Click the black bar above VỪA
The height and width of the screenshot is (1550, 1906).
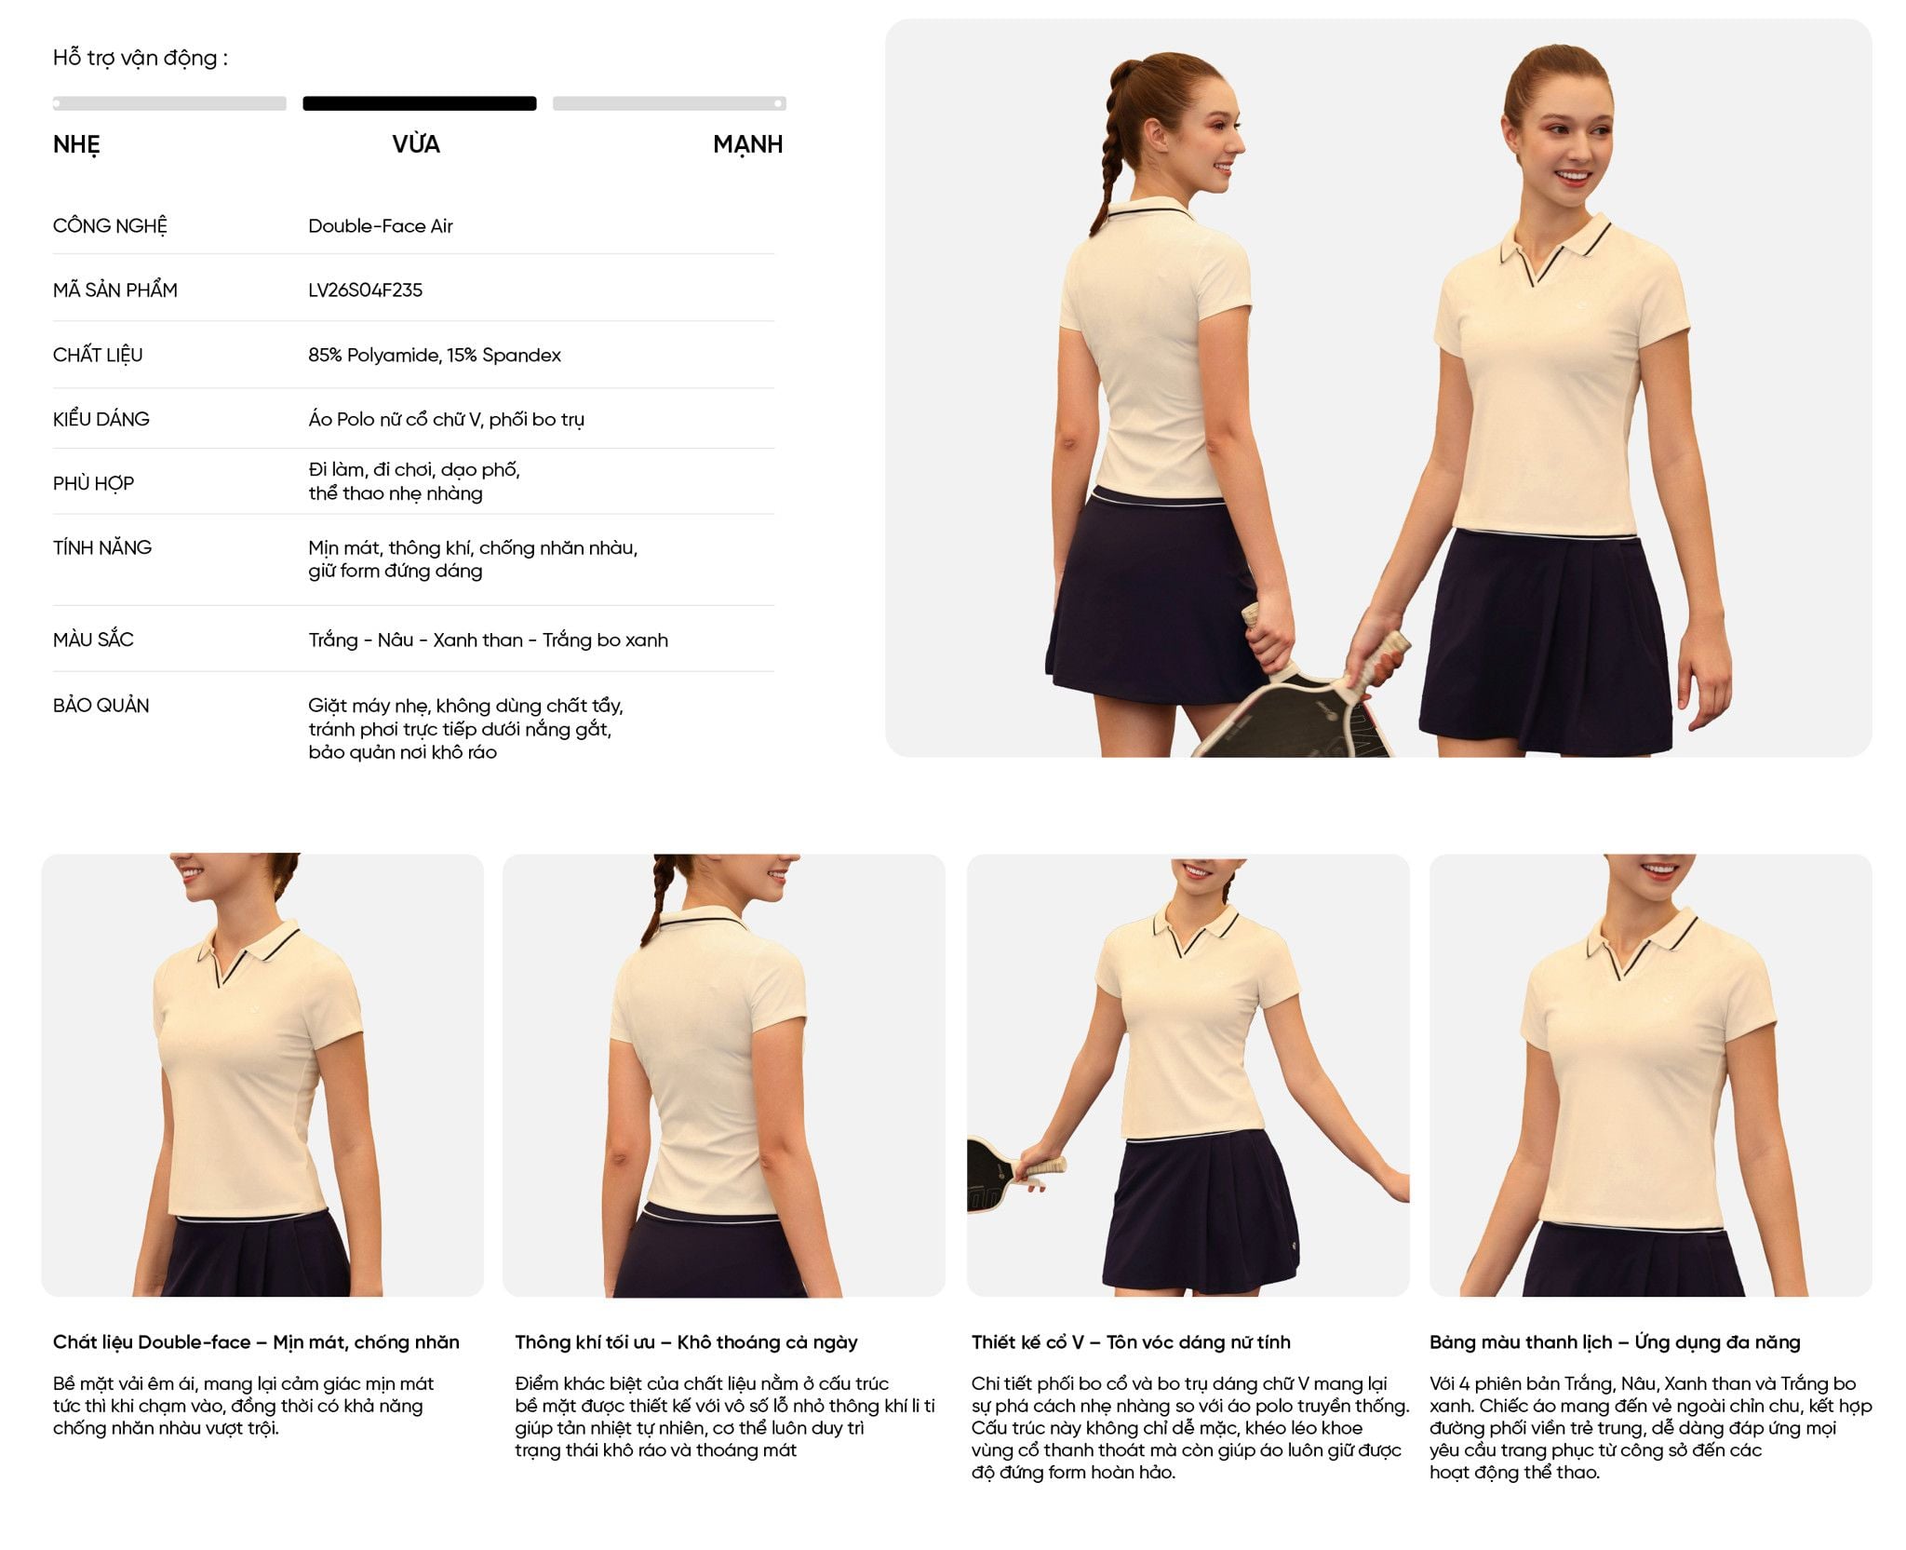coord(420,103)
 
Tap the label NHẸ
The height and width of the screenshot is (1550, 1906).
coord(76,145)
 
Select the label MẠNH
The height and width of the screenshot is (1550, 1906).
coord(748,145)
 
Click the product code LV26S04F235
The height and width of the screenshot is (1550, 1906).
coord(366,290)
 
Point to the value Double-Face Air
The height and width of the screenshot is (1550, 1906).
coord(381,226)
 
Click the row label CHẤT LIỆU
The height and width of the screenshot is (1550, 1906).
coord(98,356)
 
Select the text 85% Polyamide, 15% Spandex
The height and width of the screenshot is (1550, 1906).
coord(435,356)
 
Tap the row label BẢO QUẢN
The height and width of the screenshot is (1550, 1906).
coord(101,706)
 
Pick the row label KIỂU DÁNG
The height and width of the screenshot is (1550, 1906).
coord(101,420)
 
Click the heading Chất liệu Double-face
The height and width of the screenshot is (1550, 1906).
coord(152,1342)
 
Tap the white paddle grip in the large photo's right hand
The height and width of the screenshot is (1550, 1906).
coord(1386,651)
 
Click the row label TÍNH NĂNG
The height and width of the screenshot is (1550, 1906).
coord(102,548)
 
